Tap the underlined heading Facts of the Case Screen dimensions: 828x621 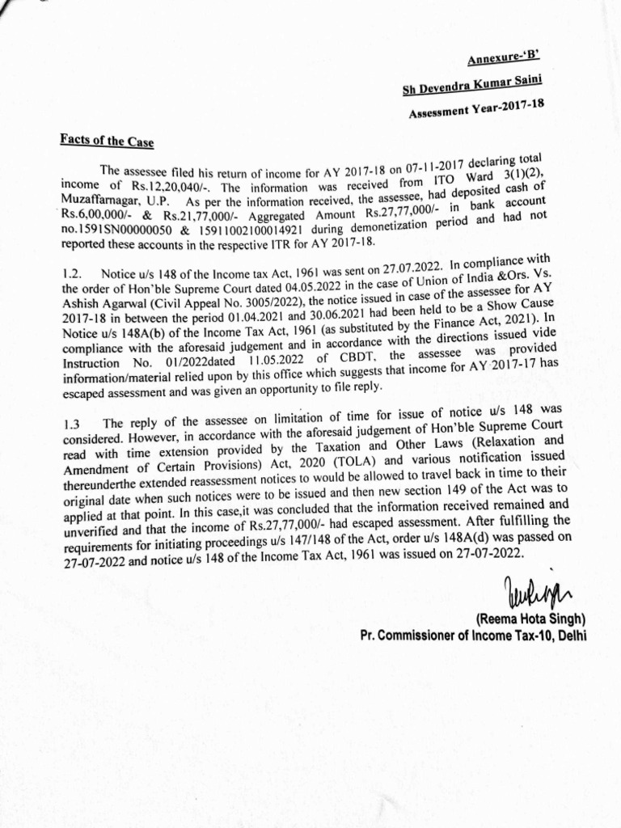(x=106, y=138)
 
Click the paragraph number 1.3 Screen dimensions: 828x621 (x=70, y=423)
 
